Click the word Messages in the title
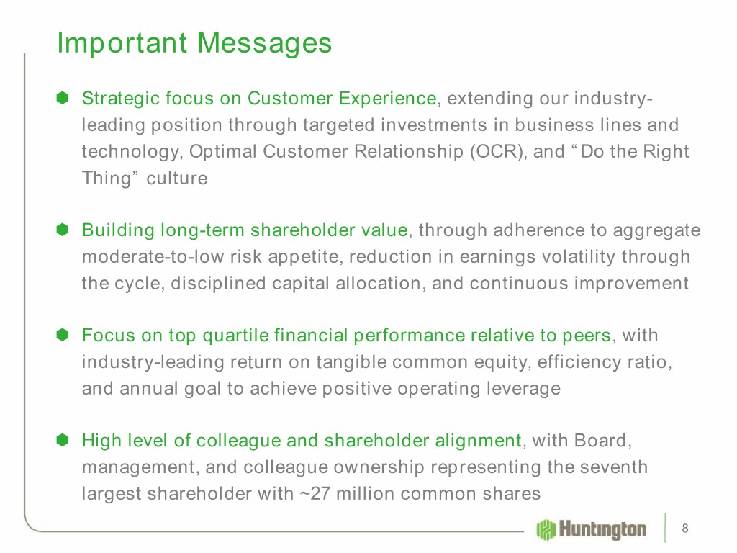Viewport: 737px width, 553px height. pyautogui.click(x=264, y=44)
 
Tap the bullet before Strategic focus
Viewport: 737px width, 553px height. pyautogui.click(x=63, y=98)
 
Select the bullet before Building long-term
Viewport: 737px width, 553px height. pyautogui.click(x=63, y=230)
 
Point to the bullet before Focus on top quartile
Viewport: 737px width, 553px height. pyautogui.click(x=63, y=335)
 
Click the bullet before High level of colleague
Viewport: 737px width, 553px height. pyautogui.click(x=63, y=440)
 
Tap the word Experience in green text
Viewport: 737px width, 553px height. pyautogui.click(x=388, y=99)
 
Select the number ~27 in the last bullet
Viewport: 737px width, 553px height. pyautogui.click(x=315, y=494)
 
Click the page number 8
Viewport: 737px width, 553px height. pyautogui.click(x=685, y=529)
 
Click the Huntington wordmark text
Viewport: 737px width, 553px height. pyautogui.click(x=602, y=529)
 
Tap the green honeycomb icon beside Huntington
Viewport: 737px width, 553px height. pyautogui.click(x=546, y=529)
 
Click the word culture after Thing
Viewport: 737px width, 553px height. pyautogui.click(x=177, y=179)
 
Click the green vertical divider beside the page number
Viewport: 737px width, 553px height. pyautogui.click(x=665, y=528)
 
